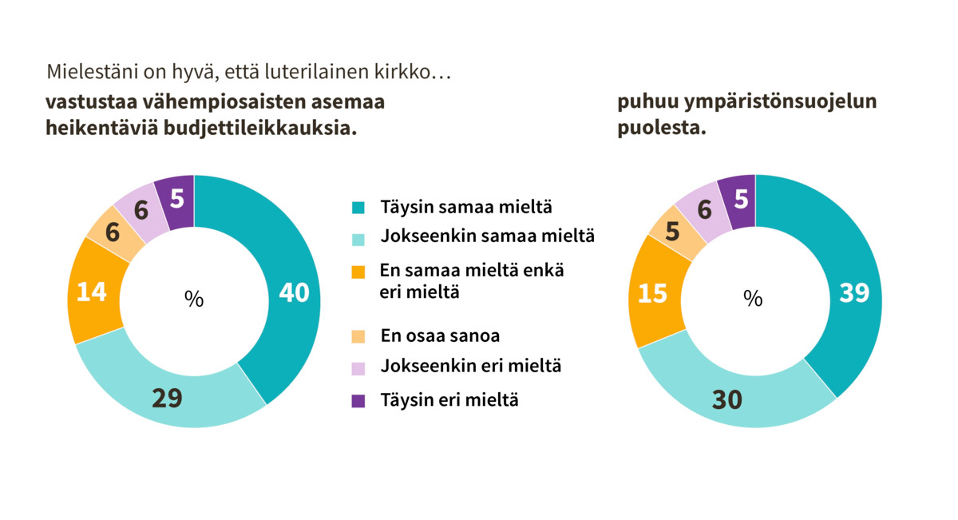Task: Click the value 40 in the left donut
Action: (x=294, y=293)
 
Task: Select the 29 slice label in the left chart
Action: (x=168, y=398)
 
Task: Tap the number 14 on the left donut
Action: (x=92, y=292)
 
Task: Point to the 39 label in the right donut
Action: (x=854, y=293)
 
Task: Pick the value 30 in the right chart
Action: (x=727, y=399)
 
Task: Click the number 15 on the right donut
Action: (x=653, y=293)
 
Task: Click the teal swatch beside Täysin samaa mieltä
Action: (x=358, y=208)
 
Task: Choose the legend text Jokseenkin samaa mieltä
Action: (x=487, y=236)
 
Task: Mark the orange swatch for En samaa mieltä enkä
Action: (x=358, y=272)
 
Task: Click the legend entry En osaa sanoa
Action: (x=440, y=335)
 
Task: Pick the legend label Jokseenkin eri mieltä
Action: (x=471, y=367)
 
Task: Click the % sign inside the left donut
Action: (x=194, y=299)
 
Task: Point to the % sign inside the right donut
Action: (x=753, y=299)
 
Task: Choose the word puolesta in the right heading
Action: (x=662, y=129)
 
